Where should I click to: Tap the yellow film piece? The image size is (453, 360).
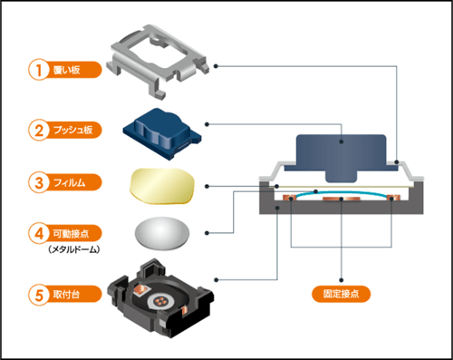click(164, 186)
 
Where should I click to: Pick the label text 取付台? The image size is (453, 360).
click(69, 295)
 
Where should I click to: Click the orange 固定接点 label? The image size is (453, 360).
click(342, 296)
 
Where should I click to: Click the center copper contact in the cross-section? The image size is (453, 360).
click(340, 199)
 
